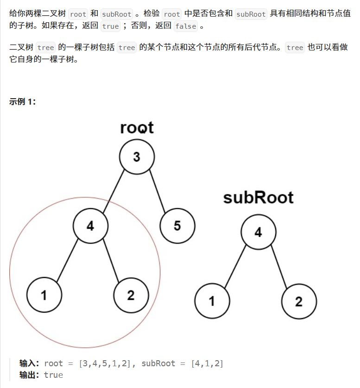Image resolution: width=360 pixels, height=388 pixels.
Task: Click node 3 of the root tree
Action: pyautogui.click(x=137, y=157)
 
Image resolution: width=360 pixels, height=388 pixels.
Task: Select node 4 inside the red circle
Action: pyautogui.click(x=90, y=226)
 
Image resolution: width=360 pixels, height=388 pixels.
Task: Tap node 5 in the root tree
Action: pyautogui.click(x=177, y=226)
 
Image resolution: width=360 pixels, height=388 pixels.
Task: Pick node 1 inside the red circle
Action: pyautogui.click(x=44, y=295)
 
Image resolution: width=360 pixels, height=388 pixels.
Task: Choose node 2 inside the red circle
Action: pyautogui.click(x=131, y=295)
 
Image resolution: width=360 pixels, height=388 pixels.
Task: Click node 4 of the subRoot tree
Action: pyautogui.click(x=259, y=232)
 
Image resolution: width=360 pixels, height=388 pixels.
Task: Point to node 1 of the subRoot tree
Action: pyautogui.click(x=212, y=301)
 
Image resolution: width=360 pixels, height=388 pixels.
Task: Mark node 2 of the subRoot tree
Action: pyautogui.click(x=299, y=301)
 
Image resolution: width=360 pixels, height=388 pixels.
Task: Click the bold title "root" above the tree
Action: pyautogui.click(x=137, y=127)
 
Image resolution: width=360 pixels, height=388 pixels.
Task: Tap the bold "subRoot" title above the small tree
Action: pyautogui.click(x=258, y=198)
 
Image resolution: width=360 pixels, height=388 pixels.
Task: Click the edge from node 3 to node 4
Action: pyautogui.click(x=114, y=192)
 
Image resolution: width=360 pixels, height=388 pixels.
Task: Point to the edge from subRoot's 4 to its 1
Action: pyautogui.click(x=235, y=267)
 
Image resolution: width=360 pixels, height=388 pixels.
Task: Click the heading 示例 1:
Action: pyautogui.click(x=23, y=102)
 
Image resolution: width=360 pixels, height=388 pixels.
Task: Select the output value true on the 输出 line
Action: pyautogui.click(x=53, y=375)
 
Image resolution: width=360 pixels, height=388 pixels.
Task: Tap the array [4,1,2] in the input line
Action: pyautogui.click(x=207, y=363)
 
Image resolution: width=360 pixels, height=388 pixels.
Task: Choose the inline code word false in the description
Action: pyautogui.click(x=186, y=26)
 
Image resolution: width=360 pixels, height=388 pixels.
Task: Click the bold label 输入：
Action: pyautogui.click(x=30, y=363)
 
